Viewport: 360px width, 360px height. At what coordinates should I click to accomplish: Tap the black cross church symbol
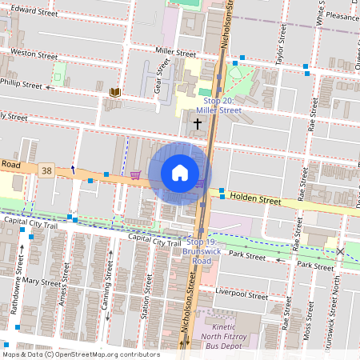pos(198,125)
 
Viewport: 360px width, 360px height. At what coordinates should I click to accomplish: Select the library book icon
pos(115,94)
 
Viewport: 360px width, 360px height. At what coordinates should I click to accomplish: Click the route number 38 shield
pos(48,170)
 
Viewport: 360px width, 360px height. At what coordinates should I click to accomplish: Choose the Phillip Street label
pos(22,83)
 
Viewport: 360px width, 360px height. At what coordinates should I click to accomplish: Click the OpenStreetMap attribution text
pos(81,354)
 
